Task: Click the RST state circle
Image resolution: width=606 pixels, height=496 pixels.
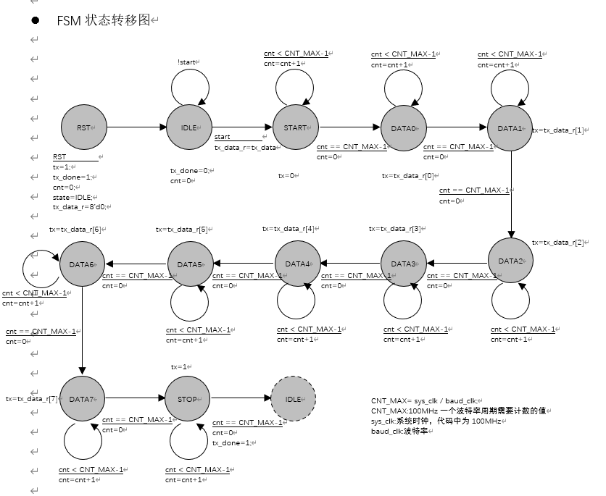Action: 83,128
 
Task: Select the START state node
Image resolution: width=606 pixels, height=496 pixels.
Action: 296,128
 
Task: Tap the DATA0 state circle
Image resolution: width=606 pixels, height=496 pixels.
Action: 403,128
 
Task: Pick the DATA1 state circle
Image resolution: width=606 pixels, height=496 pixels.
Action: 510,128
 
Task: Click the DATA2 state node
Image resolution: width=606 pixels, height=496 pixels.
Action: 510,261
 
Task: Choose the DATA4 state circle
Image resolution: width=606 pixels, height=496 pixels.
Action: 297,263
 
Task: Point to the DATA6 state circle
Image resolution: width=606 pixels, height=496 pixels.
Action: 82,264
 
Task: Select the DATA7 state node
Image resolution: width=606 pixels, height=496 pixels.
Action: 82,399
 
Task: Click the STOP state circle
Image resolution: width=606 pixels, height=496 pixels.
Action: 187,399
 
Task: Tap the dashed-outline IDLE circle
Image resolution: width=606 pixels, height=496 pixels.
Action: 294,399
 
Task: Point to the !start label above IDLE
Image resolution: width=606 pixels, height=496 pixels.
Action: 186,63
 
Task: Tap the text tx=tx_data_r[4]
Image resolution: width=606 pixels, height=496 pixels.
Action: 289,229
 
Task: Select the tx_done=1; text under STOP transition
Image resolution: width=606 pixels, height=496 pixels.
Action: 231,442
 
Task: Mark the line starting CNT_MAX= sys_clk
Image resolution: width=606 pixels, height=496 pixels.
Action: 425,400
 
